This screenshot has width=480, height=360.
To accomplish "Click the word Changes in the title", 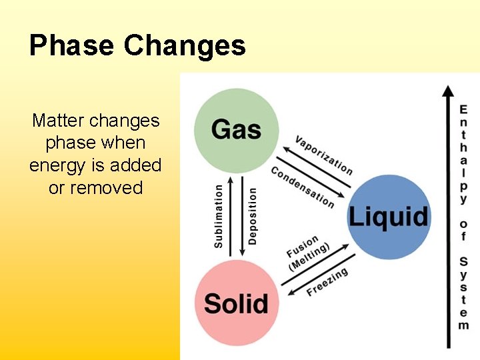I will point(185,45).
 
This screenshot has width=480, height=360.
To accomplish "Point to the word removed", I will point(106,187).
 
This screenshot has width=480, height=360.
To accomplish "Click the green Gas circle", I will point(236,129).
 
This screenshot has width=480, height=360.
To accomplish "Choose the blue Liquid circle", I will point(389,217).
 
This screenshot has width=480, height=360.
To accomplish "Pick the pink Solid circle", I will point(236,303).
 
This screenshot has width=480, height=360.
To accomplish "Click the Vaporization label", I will point(324,155).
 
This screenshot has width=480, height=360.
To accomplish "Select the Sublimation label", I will point(219,217).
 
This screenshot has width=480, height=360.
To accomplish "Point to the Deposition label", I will point(253,215).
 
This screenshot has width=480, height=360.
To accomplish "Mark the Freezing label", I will point(327,283).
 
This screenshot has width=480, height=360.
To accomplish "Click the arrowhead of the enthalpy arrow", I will point(449,91).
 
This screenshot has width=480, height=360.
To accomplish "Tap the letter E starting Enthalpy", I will point(463,109).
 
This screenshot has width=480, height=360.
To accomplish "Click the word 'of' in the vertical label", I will point(463,230).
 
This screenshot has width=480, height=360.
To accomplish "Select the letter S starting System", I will point(463,261).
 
